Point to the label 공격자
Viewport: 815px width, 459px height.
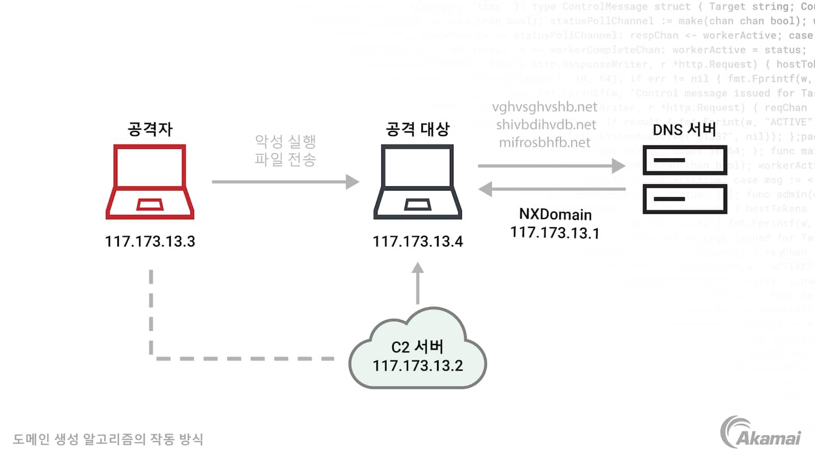point(150,129)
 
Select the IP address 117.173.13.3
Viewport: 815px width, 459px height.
point(150,241)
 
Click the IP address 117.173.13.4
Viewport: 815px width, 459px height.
point(418,242)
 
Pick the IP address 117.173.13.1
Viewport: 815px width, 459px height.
point(555,232)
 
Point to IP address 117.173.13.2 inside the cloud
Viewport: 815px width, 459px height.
point(418,365)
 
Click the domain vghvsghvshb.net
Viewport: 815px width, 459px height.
point(544,107)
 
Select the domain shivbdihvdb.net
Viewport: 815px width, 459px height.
point(546,124)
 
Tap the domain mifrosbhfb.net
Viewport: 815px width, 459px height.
point(544,142)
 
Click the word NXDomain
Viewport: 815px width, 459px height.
point(555,215)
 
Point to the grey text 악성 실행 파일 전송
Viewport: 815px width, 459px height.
point(285,150)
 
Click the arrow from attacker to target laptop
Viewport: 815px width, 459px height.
point(285,182)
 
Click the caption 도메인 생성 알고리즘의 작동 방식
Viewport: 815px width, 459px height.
point(108,439)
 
